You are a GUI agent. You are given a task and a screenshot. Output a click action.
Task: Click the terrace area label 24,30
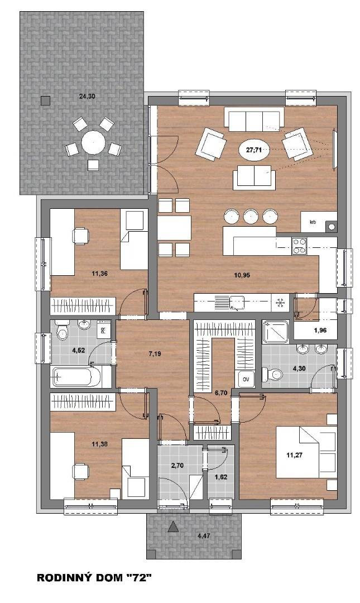[87, 97]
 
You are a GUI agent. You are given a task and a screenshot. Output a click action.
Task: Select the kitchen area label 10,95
[242, 275]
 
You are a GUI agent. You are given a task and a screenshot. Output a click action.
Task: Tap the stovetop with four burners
[300, 246]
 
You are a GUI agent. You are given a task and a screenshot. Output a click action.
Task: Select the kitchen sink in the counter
[237, 302]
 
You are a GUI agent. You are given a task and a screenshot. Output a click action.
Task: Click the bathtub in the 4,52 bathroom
[77, 376]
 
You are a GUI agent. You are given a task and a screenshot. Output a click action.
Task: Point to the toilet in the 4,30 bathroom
[272, 374]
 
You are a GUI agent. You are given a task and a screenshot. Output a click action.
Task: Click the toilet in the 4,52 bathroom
[61, 329]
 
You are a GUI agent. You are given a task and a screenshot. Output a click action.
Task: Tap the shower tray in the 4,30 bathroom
[275, 332]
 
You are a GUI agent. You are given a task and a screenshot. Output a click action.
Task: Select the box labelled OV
[247, 380]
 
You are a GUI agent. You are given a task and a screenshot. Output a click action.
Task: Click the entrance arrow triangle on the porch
[174, 526]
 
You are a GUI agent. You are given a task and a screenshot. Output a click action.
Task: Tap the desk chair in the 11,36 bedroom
[80, 236]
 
